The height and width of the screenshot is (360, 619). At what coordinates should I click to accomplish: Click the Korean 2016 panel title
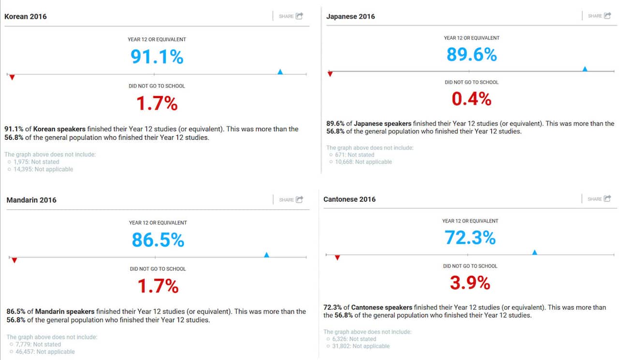pyautogui.click(x=26, y=16)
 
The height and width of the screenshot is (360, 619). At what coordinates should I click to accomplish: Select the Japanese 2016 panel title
pyautogui.click(x=351, y=16)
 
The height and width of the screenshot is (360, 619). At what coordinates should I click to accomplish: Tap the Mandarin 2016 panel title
pyautogui.click(x=31, y=200)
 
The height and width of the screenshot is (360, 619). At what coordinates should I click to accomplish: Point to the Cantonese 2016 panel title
pyautogui.click(x=350, y=199)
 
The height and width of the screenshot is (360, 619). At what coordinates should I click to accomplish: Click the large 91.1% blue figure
pyautogui.click(x=157, y=57)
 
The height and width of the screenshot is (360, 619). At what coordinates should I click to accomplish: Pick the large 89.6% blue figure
pyautogui.click(x=472, y=55)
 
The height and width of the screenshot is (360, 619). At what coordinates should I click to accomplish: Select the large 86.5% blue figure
pyautogui.click(x=158, y=240)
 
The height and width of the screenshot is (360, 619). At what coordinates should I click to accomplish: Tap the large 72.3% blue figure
pyautogui.click(x=470, y=238)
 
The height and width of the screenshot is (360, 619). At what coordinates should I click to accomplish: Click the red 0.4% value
pyautogui.click(x=472, y=99)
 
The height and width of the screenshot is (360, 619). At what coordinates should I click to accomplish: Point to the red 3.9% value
pyautogui.click(x=470, y=283)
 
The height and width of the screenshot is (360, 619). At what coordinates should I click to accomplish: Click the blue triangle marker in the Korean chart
pyautogui.click(x=280, y=72)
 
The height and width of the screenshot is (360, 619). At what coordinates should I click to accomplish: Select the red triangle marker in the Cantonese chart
pyautogui.click(x=337, y=258)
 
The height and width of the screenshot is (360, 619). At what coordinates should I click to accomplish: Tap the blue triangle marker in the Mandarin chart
pyautogui.click(x=266, y=255)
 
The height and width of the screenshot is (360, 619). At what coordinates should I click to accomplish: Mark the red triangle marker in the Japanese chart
pyautogui.click(x=330, y=74)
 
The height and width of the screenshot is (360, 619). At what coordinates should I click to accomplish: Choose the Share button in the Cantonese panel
pyautogui.click(x=599, y=199)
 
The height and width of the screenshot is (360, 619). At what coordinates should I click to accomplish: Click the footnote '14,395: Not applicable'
pyautogui.click(x=43, y=170)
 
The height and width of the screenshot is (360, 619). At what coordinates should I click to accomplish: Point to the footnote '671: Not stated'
pyautogui.click(x=354, y=155)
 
